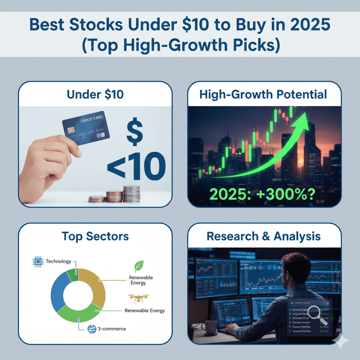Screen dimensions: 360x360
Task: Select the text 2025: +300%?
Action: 264,194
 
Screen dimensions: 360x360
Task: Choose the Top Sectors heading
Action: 95,236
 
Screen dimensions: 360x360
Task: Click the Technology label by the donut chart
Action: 58,262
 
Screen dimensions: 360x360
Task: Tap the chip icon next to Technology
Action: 37,262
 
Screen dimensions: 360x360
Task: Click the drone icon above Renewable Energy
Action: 138,298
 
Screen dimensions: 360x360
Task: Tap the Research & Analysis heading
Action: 264,236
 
